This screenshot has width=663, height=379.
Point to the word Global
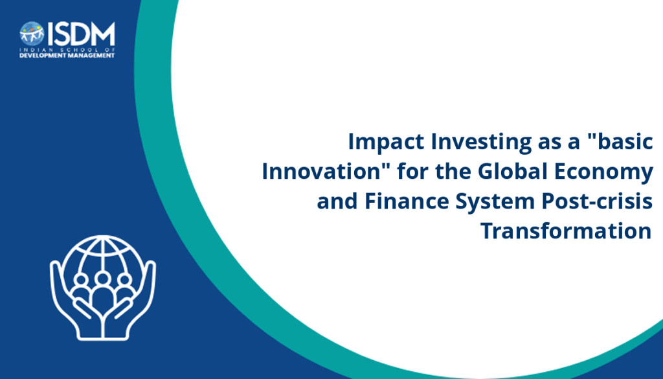pos(513,171)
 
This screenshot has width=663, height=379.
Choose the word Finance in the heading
pos(407,201)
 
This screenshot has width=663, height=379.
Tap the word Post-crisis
pos(597,202)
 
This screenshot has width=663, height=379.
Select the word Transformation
pos(566,231)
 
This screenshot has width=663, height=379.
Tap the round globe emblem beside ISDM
pos(32,34)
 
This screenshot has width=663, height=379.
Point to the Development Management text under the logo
pos(67,56)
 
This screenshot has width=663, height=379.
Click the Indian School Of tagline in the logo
pos(67,49)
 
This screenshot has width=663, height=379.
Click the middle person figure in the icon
pos(102,292)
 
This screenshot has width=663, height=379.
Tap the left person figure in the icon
pos(80,288)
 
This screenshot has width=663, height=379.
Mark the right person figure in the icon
pos(124,288)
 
